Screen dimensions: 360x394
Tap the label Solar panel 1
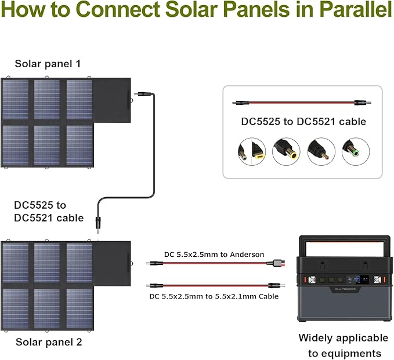point(48,63)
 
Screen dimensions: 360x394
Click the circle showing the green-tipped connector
point(355,151)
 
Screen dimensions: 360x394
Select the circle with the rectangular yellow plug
point(251,151)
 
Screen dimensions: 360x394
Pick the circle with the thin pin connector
point(321,151)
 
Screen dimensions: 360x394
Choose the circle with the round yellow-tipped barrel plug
point(286,151)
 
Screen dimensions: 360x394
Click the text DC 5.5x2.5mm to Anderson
point(205,254)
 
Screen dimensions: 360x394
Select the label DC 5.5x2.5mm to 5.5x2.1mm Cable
point(213,296)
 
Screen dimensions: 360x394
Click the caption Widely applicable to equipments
point(343,346)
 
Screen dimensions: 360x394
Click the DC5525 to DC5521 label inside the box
point(303,122)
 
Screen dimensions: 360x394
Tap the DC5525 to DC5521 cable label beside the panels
point(49,212)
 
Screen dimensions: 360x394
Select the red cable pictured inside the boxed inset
point(302,103)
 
